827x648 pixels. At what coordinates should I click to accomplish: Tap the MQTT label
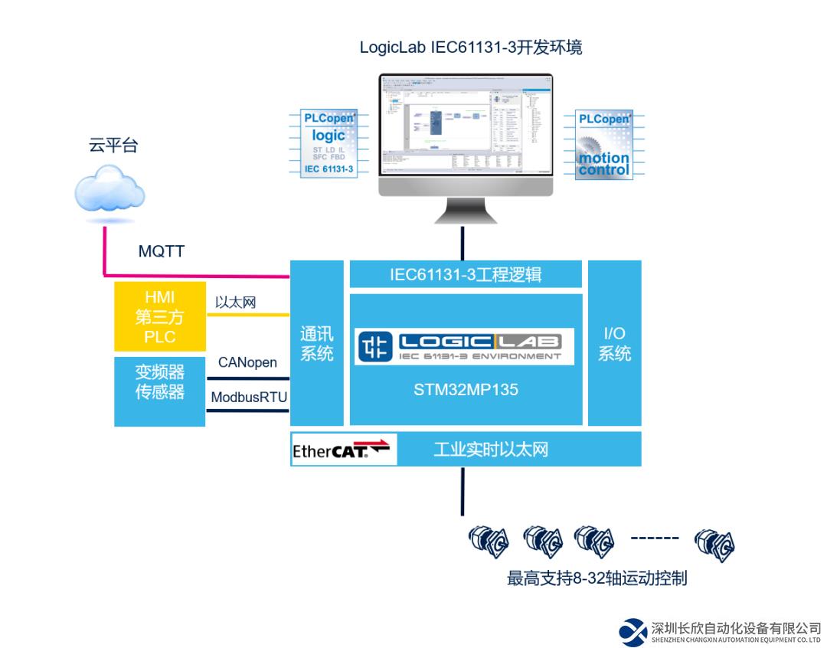pos(161,251)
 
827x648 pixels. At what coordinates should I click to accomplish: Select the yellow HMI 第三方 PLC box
pos(159,316)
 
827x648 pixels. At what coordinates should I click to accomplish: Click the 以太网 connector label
pos(236,303)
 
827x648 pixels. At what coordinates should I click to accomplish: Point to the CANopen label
pos(247,362)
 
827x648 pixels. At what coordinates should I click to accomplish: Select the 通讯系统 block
pos(316,344)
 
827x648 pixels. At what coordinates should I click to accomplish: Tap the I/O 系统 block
pos(614,344)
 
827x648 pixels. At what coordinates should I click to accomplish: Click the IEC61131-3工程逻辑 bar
pos(466,273)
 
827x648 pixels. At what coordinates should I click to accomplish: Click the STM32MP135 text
pos(466,390)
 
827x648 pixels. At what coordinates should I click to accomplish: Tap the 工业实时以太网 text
pos(491,450)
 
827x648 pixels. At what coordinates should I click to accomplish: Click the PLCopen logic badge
pos(329,143)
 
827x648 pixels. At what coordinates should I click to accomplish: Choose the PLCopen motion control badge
pos(604,145)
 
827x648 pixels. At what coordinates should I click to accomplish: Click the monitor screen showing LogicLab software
pos(466,126)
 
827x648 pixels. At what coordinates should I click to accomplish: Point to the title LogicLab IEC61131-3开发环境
pos(471,47)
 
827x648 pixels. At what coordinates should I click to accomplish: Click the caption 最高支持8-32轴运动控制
pos(597,578)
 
